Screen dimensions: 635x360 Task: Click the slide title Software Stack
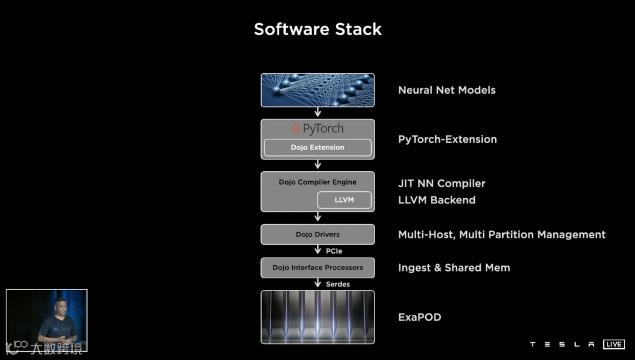pyautogui.click(x=317, y=29)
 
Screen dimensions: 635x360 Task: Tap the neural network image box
pyautogui.click(x=317, y=90)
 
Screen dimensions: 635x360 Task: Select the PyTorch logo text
pyautogui.click(x=317, y=129)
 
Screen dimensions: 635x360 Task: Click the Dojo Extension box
pyautogui.click(x=317, y=147)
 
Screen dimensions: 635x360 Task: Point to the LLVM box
pyautogui.click(x=344, y=200)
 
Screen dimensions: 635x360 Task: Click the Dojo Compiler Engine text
pyautogui.click(x=317, y=182)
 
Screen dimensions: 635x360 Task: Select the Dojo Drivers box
pyautogui.click(x=317, y=234)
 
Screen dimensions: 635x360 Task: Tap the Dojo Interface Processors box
pyautogui.click(x=317, y=268)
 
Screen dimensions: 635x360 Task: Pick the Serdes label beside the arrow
pyautogui.click(x=337, y=284)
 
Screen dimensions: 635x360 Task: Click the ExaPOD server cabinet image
pyautogui.click(x=317, y=317)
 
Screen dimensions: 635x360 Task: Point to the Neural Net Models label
pyautogui.click(x=447, y=90)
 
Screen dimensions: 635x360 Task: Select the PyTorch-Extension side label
pyautogui.click(x=447, y=139)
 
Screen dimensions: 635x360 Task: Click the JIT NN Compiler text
pyautogui.click(x=442, y=184)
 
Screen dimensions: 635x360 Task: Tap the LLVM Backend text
pyautogui.click(x=437, y=200)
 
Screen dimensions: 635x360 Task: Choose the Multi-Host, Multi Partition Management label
pyautogui.click(x=502, y=235)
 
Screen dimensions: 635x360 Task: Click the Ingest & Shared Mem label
pyautogui.click(x=454, y=268)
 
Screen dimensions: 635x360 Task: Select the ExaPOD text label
pyautogui.click(x=419, y=318)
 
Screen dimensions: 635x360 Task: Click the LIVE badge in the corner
pyautogui.click(x=614, y=344)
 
